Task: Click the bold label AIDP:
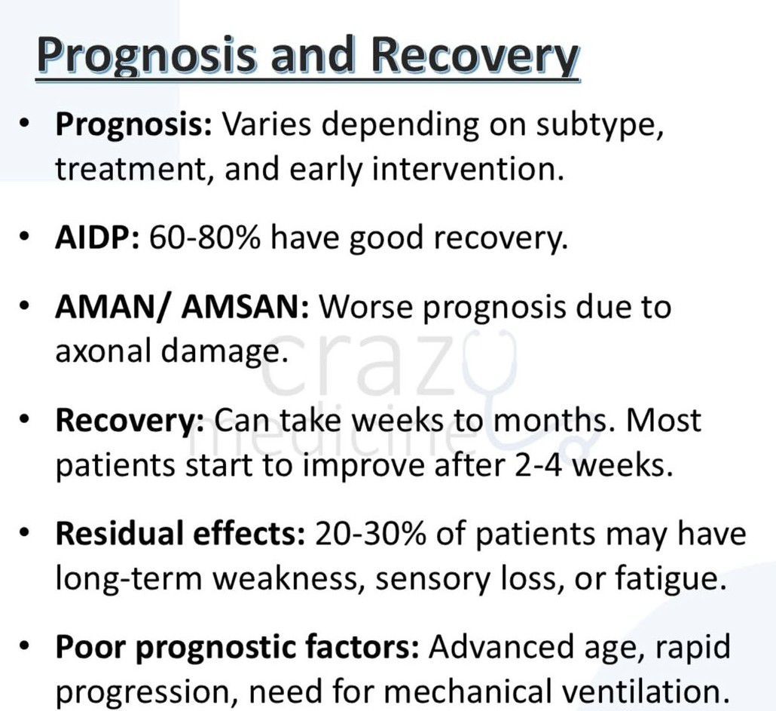pos(98,238)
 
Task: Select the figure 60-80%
pos(205,238)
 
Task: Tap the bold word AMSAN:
pos(246,307)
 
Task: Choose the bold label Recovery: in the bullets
pos(130,421)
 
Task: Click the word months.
pos(554,420)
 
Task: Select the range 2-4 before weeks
pos(539,465)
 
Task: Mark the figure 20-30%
pos(370,534)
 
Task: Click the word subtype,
pos(600,124)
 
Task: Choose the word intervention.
pos(468,168)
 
